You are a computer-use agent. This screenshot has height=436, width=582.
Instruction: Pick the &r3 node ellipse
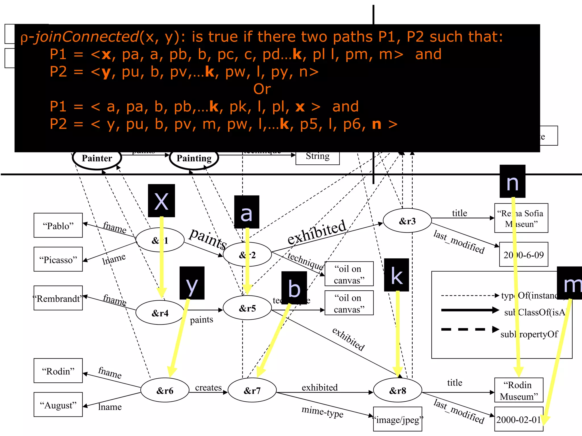click(x=407, y=221)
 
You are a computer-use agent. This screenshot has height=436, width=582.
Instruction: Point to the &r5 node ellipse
click(x=247, y=308)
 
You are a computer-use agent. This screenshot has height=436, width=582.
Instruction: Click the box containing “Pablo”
click(x=58, y=225)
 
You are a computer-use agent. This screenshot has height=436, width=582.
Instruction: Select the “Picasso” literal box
click(x=58, y=259)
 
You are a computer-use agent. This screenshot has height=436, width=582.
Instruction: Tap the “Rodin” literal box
click(x=58, y=371)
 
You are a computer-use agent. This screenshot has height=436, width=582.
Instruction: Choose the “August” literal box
click(x=58, y=405)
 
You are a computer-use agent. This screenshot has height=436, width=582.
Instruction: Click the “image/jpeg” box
click(x=397, y=419)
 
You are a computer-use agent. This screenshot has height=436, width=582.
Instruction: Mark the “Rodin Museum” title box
click(x=519, y=390)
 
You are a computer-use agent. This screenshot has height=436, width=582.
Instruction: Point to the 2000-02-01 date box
click(x=519, y=419)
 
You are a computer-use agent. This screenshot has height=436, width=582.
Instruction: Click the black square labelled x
click(x=161, y=201)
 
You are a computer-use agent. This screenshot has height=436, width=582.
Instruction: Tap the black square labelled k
click(x=396, y=275)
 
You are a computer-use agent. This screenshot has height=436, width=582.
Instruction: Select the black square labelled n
click(x=512, y=181)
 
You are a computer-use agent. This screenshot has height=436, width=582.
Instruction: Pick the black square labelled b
click(x=294, y=288)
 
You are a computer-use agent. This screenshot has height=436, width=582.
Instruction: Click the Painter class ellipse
click(x=97, y=158)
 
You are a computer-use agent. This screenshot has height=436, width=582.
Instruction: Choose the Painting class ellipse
click(x=194, y=158)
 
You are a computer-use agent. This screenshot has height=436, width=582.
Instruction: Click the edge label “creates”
click(x=208, y=387)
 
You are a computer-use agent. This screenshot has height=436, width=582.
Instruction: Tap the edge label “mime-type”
click(x=323, y=411)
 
